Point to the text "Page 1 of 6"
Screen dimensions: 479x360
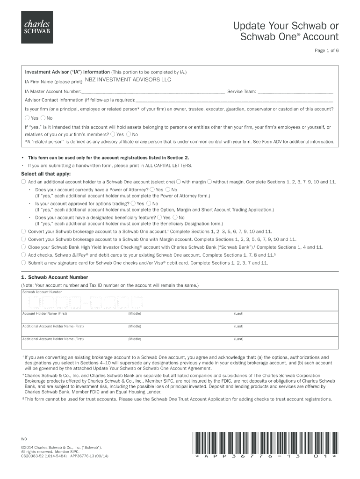[326, 51]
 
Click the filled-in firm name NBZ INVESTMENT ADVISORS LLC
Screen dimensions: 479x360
[128, 80]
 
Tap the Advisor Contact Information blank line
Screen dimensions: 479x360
[234, 100]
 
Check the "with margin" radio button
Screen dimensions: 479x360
[179, 181]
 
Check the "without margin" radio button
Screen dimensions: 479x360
[209, 181]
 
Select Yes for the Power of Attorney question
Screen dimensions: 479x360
[152, 189]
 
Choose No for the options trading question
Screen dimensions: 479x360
[149, 203]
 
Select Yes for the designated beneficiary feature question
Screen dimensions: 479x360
[159, 218]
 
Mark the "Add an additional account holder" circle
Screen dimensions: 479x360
[23, 181]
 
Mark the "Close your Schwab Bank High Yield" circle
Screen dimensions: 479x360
[23, 247]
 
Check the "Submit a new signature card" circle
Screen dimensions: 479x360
[23, 263]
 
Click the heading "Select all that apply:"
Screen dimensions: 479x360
[45, 174]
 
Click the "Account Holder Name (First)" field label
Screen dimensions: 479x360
[45, 313]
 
